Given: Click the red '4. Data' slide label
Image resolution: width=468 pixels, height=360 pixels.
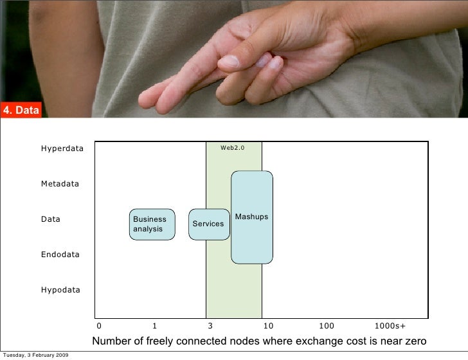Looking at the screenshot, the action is (21, 111).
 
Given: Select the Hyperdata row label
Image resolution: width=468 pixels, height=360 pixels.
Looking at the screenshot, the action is (62, 148).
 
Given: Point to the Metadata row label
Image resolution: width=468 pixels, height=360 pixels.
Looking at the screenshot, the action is (60, 184).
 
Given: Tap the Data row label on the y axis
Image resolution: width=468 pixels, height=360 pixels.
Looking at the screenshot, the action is (51, 219).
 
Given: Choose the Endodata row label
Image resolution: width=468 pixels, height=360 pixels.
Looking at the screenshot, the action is (60, 255).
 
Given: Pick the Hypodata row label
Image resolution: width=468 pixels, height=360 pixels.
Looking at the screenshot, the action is (61, 290).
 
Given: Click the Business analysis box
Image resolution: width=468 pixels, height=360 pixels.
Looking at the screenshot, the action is (152, 224).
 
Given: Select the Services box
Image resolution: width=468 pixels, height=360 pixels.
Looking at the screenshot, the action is (208, 224).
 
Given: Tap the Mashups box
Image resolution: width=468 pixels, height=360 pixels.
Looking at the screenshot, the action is (251, 217).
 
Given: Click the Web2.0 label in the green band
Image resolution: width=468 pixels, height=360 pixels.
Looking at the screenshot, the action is (233, 148).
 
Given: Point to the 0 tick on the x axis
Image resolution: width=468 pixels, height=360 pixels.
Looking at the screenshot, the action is (98, 326).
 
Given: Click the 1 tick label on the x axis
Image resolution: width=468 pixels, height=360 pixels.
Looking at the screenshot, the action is (154, 326).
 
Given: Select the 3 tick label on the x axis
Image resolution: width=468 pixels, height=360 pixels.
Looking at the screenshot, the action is (210, 326).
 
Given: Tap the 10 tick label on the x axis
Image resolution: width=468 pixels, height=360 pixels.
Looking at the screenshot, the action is (268, 326).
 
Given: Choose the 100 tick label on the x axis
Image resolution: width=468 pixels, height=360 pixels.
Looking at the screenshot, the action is (327, 326).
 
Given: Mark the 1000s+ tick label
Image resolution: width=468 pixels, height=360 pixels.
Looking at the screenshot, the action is (390, 326).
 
